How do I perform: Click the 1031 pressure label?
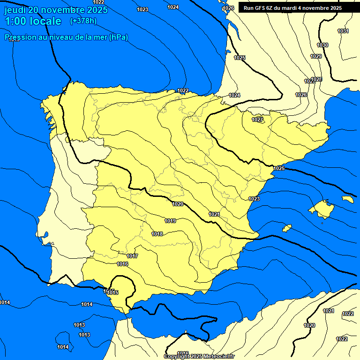coord(343,31)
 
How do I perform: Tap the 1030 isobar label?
coord(322,45)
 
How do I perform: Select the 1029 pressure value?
coord(316,56)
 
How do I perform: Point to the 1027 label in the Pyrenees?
coord(257,120)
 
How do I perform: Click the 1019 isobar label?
coord(170,221)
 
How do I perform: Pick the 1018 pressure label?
coord(157,234)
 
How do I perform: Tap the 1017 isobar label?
coord(132,256)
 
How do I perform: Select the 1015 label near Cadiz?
coord(112,292)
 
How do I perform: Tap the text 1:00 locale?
coord(33,21)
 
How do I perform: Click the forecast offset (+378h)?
coord(83,21)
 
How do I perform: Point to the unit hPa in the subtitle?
coord(118,37)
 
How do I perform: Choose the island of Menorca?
coord(347,199)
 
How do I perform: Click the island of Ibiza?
coord(286,228)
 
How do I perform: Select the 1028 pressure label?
coord(316,79)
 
